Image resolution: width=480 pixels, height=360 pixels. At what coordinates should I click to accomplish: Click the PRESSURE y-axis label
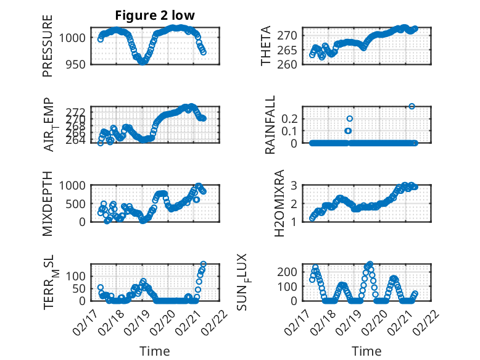[x=48, y=46]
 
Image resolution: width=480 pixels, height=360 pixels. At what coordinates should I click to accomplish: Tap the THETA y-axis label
[x=266, y=46]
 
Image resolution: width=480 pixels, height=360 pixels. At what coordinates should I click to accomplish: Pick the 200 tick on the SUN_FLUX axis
[x=291, y=272]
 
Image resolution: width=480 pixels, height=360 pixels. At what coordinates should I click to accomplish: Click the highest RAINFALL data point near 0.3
[x=412, y=106]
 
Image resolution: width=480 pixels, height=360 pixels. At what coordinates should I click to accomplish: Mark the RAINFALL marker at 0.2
[x=349, y=119]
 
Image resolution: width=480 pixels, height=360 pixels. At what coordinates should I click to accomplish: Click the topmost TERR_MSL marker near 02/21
[x=204, y=264]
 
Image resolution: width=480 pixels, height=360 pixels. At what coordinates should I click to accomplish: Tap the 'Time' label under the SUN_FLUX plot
[x=366, y=351]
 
